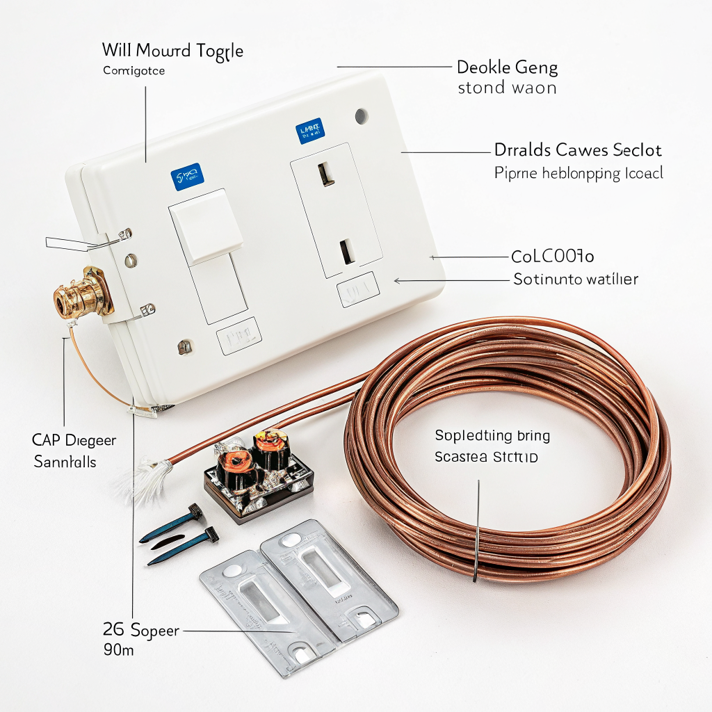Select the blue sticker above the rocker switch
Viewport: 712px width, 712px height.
[x=186, y=177]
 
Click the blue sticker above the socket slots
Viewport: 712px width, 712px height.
[x=310, y=130]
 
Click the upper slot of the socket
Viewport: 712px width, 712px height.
[x=323, y=172]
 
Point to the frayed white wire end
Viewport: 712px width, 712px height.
[x=143, y=480]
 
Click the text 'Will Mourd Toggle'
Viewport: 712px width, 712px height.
[x=172, y=50]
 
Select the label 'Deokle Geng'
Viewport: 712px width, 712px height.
[x=507, y=67]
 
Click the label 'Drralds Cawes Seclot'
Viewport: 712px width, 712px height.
[x=577, y=149]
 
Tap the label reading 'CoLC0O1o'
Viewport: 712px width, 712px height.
[x=553, y=257]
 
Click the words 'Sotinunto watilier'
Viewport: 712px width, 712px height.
[x=575, y=280]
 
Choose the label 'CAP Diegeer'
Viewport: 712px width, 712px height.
[x=74, y=440]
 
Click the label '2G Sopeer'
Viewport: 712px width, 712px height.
[x=140, y=631]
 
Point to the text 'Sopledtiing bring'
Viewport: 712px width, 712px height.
[x=492, y=436]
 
